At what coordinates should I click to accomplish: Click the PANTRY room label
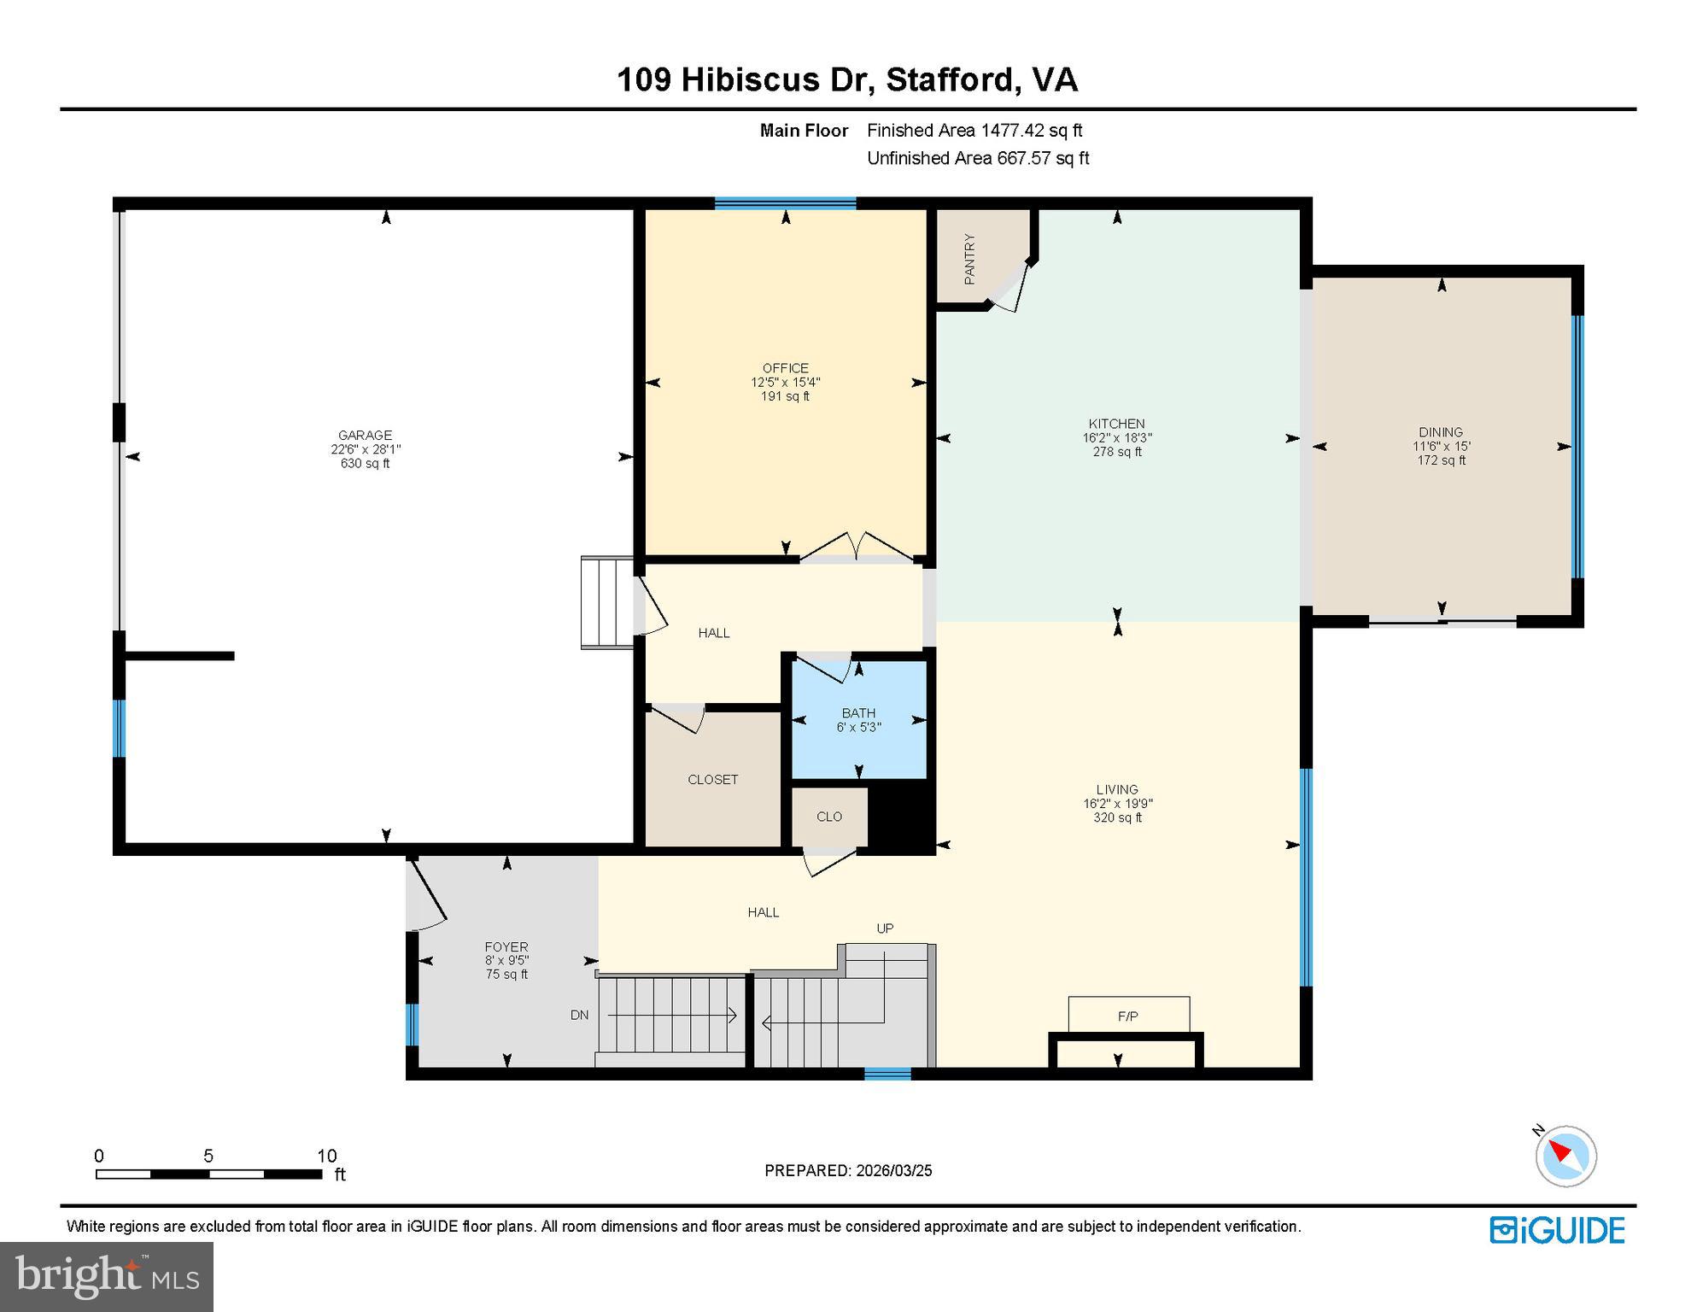[969, 259]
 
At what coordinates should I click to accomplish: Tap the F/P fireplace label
[1127, 1016]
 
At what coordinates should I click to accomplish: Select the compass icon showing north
[1565, 1156]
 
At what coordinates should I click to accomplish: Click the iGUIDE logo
[1557, 1230]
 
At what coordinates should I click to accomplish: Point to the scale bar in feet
[209, 1174]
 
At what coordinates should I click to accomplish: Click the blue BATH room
[859, 719]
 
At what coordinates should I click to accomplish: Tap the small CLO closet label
[829, 817]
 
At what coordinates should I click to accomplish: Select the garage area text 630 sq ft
[365, 464]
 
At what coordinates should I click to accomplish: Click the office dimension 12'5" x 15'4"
[786, 383]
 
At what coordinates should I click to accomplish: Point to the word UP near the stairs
[885, 928]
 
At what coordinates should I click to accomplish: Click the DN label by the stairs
[579, 1016]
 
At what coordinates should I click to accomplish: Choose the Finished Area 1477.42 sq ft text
[974, 131]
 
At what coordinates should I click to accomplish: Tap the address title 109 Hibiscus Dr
[744, 80]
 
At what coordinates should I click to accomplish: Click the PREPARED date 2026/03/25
[892, 1171]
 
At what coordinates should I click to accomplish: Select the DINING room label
[1441, 432]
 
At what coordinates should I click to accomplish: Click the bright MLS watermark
[108, 1275]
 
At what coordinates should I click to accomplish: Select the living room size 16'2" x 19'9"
[1117, 804]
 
